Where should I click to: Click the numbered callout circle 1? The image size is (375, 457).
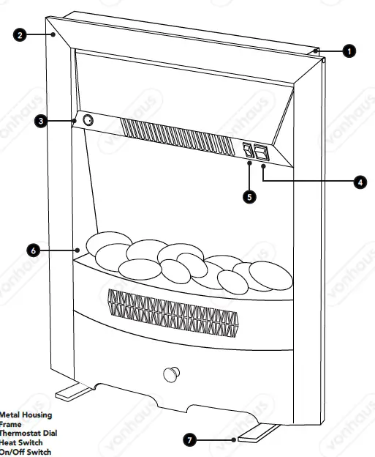coord(349,51)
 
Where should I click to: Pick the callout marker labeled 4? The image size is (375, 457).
coord(360,182)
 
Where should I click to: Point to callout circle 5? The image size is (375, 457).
coord(250,197)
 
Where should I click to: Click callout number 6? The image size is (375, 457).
coord(32,250)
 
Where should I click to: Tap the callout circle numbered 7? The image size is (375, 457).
coord(189,440)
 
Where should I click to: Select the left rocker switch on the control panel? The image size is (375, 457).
coord(248,150)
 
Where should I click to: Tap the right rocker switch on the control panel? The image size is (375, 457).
coord(262,152)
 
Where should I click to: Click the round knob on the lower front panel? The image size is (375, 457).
coord(171,374)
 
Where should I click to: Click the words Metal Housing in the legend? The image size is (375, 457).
coord(26,415)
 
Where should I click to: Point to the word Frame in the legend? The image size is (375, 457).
coord(11,424)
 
